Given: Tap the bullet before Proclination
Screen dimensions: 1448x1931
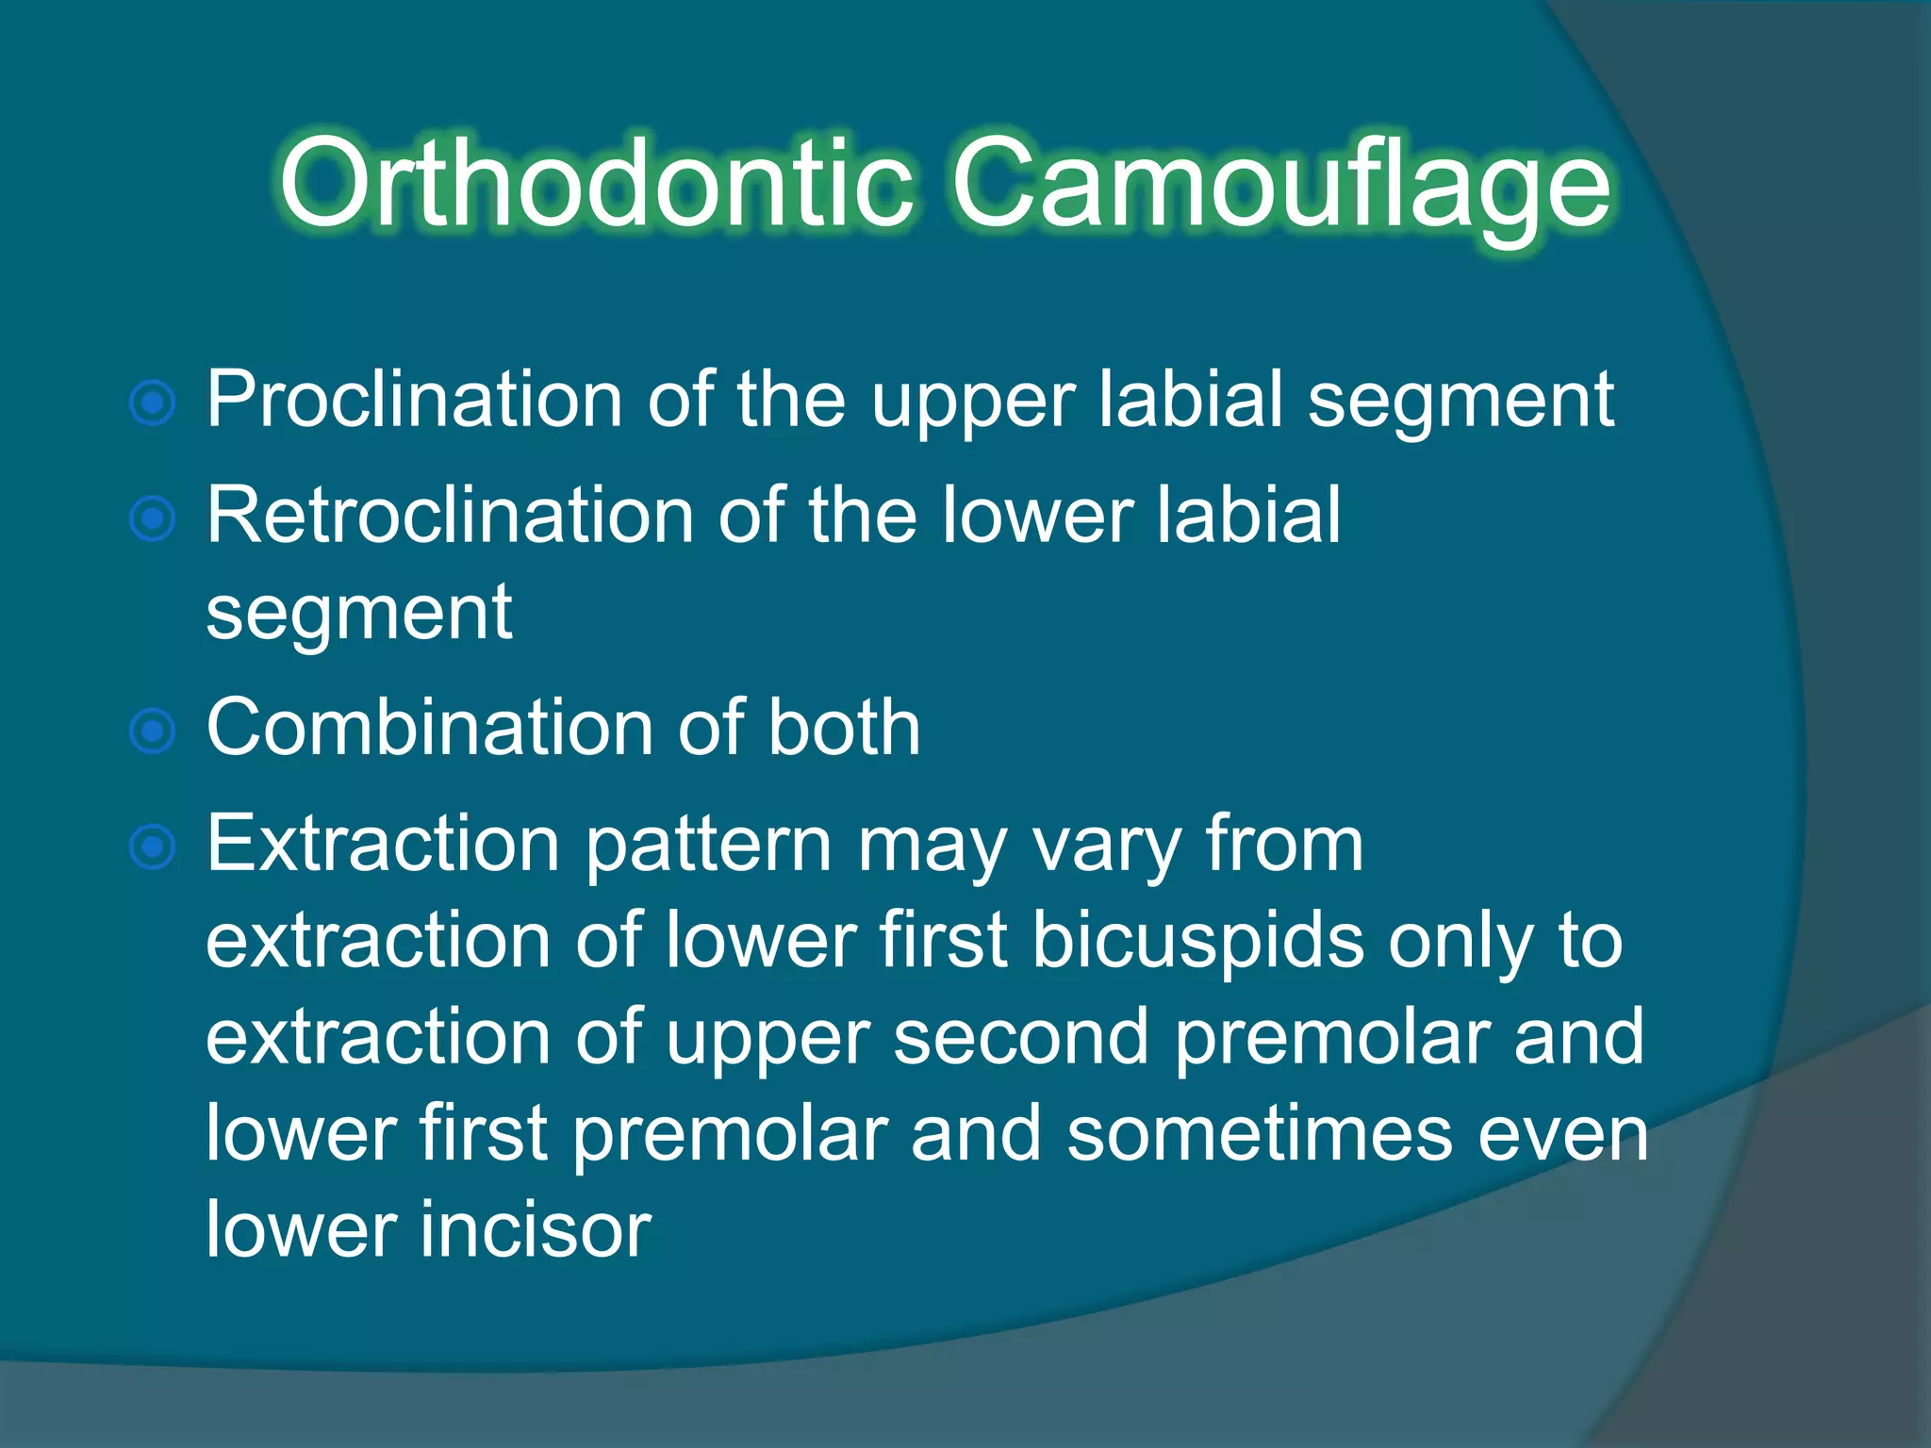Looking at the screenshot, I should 153,403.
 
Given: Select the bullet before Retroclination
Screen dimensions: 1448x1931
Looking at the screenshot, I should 153,518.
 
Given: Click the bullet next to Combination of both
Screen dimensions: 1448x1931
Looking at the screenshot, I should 153,732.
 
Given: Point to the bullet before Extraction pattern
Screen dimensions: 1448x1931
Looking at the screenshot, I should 153,847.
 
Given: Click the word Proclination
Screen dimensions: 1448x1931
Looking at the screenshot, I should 414,401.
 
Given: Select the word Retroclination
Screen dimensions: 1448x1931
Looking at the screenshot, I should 450,516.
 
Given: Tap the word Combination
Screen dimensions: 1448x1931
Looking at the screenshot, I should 429,728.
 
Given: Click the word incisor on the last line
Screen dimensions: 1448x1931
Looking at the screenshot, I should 536,1230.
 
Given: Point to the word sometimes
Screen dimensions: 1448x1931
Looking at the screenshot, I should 1260,1134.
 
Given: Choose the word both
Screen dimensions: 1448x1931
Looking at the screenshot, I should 843,728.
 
